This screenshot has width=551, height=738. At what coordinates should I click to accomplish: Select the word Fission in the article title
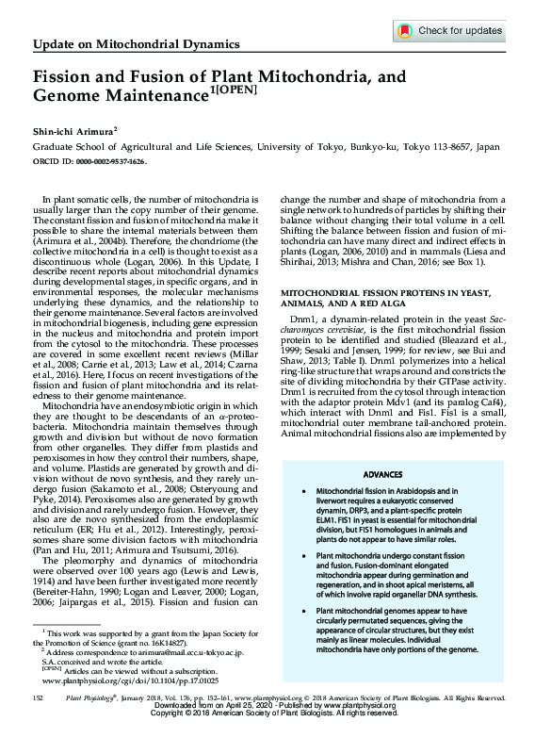pyautogui.click(x=61, y=80)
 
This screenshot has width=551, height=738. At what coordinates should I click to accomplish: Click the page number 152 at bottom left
pyautogui.click(x=38, y=697)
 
